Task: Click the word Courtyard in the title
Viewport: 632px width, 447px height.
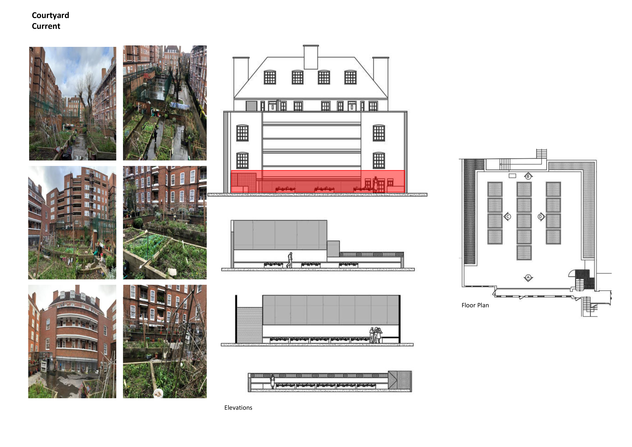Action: pyautogui.click(x=50, y=16)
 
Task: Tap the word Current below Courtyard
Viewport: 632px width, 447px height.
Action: pyautogui.click(x=46, y=26)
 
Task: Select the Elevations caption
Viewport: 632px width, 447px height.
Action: pyautogui.click(x=238, y=408)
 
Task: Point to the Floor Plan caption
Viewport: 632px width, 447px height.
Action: pyautogui.click(x=475, y=305)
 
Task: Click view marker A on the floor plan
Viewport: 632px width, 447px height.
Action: pyautogui.click(x=528, y=278)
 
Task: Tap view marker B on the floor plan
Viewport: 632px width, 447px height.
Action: pyautogui.click(x=528, y=176)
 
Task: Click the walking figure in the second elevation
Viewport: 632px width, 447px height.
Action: pyautogui.click(x=289, y=260)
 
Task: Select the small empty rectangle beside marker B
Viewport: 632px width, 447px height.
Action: pyautogui.click(x=512, y=176)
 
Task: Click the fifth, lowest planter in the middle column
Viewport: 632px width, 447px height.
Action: pyautogui.click(x=524, y=253)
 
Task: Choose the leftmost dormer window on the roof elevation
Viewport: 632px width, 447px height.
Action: pyautogui.click(x=270, y=77)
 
